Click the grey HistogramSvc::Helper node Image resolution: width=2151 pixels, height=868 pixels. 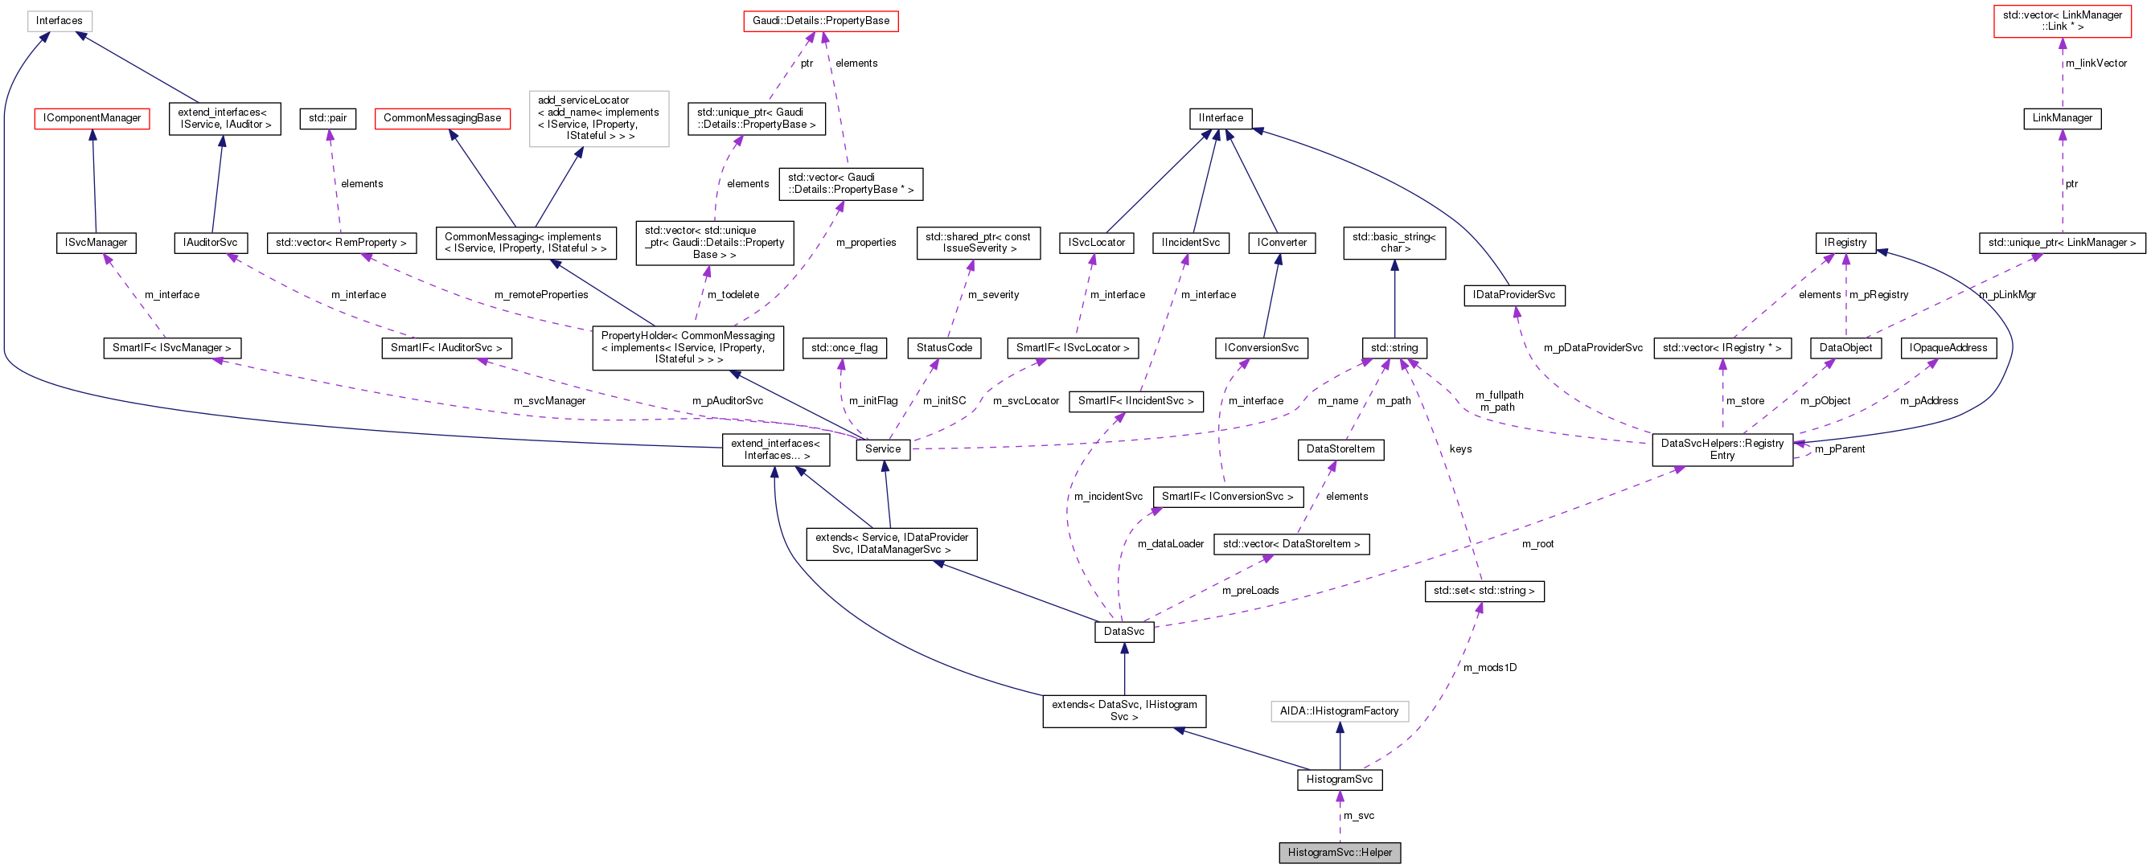1339,852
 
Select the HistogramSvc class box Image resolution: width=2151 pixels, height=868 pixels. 1339,779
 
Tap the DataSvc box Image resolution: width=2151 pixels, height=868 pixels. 1123,631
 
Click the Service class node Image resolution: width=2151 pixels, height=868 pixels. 882,449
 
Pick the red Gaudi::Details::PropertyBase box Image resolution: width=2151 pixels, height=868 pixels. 820,20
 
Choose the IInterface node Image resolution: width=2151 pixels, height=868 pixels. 1220,117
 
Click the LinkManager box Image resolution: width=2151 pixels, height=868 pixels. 2061,117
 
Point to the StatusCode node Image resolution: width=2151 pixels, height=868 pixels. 943,347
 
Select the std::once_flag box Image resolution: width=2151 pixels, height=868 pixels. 844,347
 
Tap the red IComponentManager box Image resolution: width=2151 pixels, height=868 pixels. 92,117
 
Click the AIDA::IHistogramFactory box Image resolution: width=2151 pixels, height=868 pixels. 1339,710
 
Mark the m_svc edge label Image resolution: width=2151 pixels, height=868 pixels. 1359,816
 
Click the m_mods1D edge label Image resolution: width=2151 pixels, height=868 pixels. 1489,667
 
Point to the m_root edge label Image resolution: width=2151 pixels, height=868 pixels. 1537,543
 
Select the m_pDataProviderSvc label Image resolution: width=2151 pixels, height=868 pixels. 1592,347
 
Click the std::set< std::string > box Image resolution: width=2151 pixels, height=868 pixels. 1483,590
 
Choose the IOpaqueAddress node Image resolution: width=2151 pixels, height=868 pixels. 1948,347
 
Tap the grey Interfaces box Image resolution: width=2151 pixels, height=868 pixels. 59,20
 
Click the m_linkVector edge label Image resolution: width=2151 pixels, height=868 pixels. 2095,63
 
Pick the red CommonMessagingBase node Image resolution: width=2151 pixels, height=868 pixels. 441,117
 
